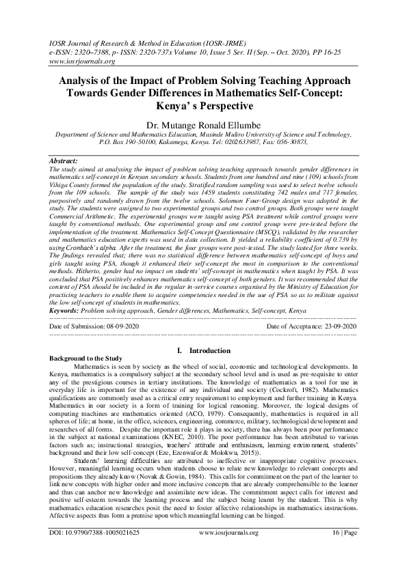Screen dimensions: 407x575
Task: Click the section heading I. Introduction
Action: [203, 350]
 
